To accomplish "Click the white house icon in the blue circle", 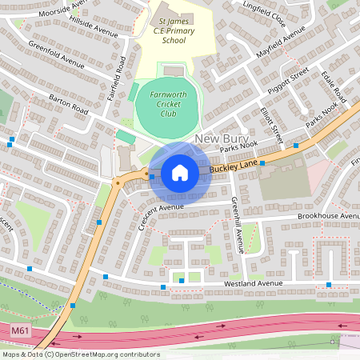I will pos(180,173).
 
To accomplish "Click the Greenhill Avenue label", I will pos(238,225).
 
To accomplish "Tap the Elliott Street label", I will pos(272,121).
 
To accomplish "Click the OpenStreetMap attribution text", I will pos(80,354).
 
